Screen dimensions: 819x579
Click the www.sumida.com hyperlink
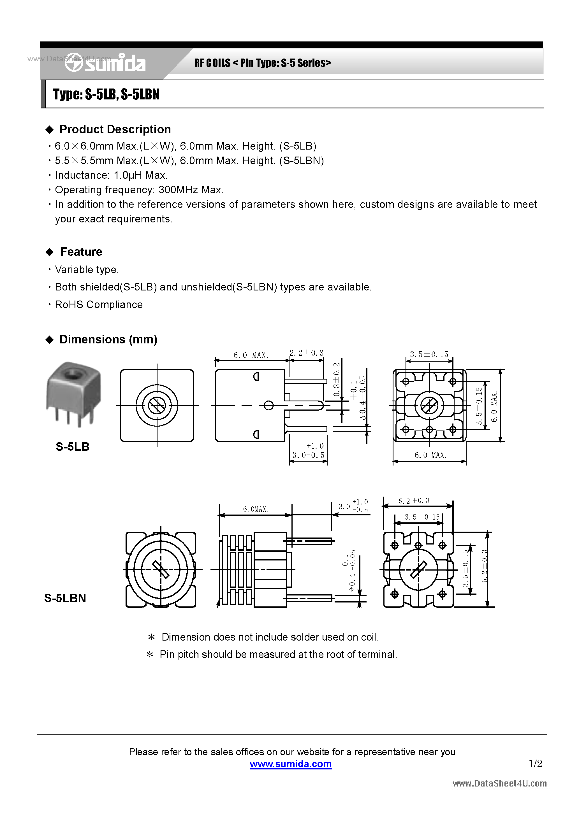[291, 764]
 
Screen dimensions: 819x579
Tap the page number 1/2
[535, 763]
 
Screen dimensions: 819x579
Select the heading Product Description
[115, 129]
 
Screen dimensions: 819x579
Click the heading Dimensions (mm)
[108, 339]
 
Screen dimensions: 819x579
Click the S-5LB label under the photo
[73, 446]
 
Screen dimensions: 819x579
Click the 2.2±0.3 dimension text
[307, 353]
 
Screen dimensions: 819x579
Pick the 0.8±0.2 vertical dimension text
[337, 380]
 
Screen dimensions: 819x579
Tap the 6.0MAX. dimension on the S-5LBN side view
[255, 509]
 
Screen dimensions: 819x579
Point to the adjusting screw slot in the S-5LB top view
[157, 406]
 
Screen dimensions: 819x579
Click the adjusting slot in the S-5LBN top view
[161, 569]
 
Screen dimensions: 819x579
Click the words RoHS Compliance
[99, 305]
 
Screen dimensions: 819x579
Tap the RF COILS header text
[212, 63]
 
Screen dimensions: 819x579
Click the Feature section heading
[81, 252]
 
